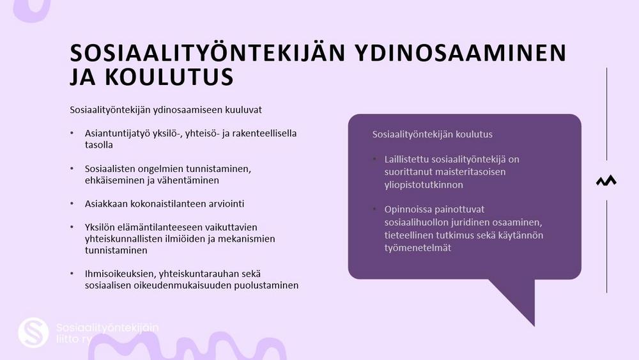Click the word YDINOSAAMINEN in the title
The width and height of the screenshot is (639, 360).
[x=460, y=52]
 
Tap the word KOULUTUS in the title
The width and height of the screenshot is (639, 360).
[x=169, y=77]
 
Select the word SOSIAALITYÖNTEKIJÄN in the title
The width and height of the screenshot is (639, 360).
[x=208, y=52]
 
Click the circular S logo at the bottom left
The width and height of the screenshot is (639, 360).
[x=33, y=333]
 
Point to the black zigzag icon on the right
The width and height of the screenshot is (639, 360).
[x=606, y=180]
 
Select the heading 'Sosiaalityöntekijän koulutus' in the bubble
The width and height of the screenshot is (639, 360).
[x=432, y=134]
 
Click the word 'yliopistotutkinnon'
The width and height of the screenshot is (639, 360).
[x=424, y=185]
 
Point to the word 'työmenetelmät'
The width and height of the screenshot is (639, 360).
[x=418, y=248]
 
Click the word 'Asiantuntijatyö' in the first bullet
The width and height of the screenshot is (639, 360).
[x=118, y=134]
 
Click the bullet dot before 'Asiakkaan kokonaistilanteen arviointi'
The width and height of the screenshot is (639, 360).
[x=72, y=203]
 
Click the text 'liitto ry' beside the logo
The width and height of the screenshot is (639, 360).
[x=73, y=339]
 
